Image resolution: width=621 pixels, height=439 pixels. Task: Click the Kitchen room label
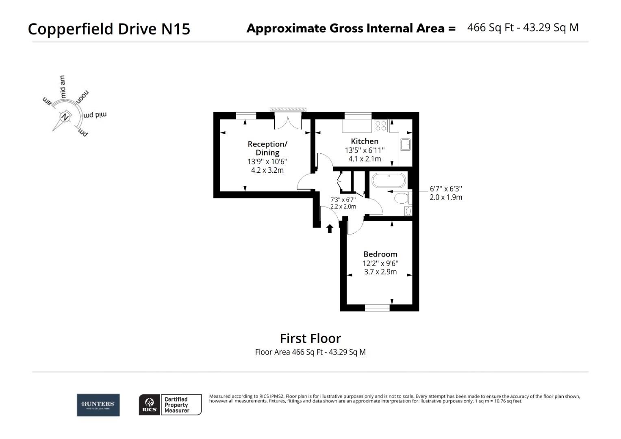pos(365,141)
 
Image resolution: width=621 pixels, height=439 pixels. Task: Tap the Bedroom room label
pos(380,254)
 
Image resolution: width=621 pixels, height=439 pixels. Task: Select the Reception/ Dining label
pos(267,148)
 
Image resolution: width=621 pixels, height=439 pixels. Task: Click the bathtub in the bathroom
pos(389,180)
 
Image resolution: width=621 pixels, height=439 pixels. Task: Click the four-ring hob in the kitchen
pos(381,126)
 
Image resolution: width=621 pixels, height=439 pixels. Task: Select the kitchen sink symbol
pos(405,144)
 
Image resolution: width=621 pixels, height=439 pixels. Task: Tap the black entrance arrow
pos(330,228)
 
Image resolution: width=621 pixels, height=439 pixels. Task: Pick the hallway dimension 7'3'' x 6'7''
pos(343,200)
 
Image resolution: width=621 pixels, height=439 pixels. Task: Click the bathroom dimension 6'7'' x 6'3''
pos(446,189)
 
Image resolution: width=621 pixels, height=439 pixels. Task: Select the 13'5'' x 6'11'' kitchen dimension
pos(365,150)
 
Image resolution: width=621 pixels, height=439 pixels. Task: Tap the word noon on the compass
pos(83,96)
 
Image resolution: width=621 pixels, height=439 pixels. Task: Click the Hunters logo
pos(98,405)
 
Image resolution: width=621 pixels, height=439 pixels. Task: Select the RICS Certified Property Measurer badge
pos(170,405)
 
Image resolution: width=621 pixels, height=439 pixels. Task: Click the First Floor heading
pos(310,338)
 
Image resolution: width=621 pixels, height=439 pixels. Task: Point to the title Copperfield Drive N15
pos(109,29)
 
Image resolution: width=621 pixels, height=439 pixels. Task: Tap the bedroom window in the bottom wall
pos(377,308)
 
